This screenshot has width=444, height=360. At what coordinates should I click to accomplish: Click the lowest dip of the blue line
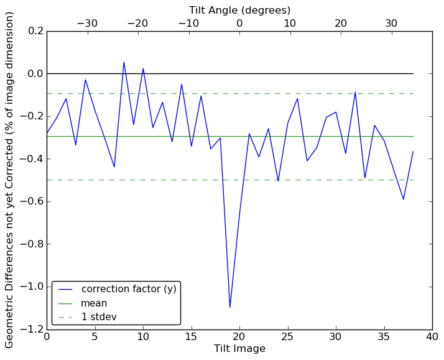pos(230,307)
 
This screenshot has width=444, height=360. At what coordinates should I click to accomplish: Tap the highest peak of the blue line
pos(124,62)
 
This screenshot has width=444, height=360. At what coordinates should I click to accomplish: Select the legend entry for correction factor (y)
pos(129,289)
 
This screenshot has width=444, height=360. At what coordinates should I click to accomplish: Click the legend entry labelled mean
pos(94,303)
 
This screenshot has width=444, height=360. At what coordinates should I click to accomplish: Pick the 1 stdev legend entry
pos(99,317)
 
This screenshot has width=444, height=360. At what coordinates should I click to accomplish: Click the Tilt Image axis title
pos(239,349)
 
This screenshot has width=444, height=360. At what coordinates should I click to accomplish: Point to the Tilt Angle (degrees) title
pos(239,10)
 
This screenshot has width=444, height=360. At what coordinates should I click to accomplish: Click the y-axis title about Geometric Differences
pos(10,180)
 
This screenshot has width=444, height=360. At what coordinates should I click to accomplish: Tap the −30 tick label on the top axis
pos(87,23)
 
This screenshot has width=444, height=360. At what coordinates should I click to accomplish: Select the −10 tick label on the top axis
pos(188,23)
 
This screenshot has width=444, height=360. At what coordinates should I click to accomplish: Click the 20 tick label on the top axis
pos(341,23)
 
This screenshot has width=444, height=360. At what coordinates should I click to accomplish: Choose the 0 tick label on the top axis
pos(239,23)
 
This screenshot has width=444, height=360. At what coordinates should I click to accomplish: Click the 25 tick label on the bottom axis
pos(288,336)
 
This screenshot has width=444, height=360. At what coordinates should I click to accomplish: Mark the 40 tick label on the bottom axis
pos(432,336)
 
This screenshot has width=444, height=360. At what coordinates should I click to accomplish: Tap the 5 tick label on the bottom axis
pos(95,336)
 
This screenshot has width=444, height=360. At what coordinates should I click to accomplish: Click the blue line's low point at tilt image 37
pos(404,199)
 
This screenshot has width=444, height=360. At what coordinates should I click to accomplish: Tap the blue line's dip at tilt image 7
pos(114,167)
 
